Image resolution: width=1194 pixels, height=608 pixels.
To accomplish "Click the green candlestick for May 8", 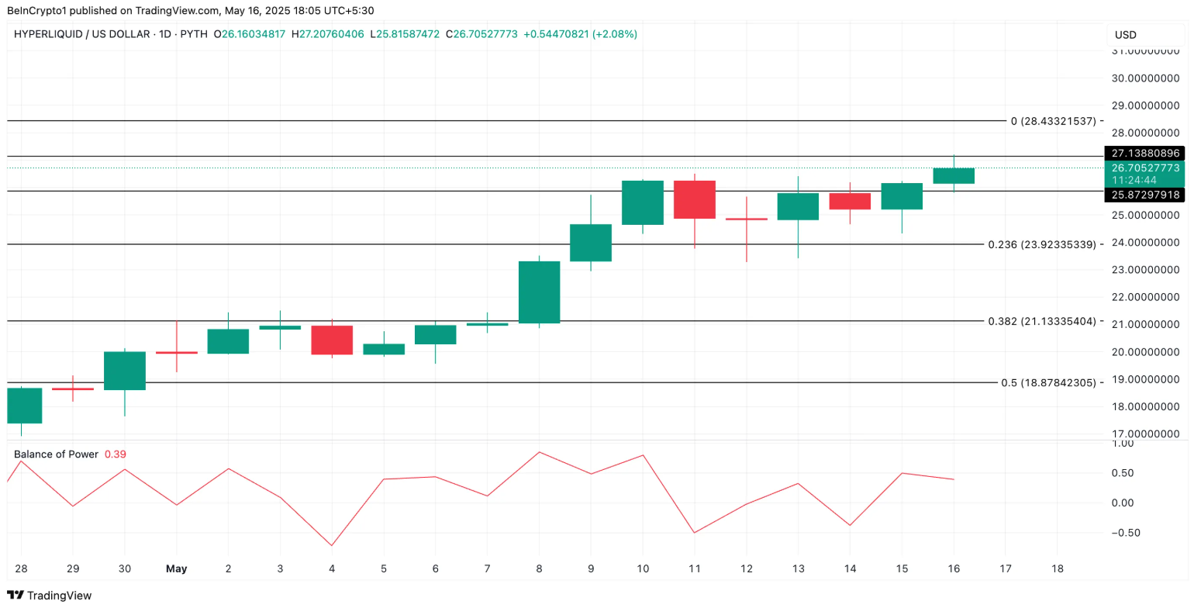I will tap(539, 292).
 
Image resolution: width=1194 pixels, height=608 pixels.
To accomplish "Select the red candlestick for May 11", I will tap(695, 199).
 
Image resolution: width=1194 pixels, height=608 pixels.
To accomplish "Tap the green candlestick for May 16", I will tap(954, 176).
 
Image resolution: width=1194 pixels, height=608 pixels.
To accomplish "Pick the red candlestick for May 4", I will tap(332, 340).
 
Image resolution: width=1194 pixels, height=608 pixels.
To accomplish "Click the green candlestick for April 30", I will tap(125, 371).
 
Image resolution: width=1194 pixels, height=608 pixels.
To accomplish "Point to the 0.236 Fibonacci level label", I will tap(1041, 244).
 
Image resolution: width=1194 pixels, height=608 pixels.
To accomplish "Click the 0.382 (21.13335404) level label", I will tap(1041, 321).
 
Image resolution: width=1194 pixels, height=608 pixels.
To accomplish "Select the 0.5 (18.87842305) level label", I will tap(1048, 382).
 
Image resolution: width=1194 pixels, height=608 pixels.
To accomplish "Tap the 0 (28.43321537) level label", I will tap(1053, 121).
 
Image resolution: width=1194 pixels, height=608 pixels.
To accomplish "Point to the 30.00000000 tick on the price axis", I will tap(1144, 78).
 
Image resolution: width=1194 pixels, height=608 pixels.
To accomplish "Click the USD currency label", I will tap(1126, 35).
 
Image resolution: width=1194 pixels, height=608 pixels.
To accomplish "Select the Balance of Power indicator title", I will tap(56, 454).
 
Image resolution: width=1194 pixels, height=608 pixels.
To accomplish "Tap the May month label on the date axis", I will tap(177, 568).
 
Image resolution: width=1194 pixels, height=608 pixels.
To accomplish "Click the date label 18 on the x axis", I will tap(1058, 568).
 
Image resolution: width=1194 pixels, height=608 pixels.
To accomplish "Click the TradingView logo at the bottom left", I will tap(49, 596).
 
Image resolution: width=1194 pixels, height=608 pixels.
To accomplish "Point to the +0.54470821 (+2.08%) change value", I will tap(580, 34).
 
